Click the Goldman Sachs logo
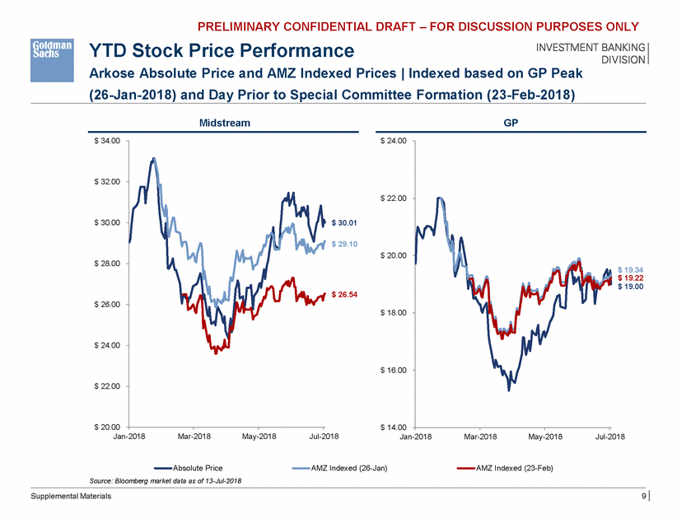(x=53, y=52)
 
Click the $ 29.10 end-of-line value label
(x=345, y=243)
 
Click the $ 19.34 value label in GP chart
(x=631, y=270)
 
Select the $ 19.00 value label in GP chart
(x=631, y=287)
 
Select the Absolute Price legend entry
(x=194, y=468)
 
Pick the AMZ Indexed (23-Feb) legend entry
(x=511, y=468)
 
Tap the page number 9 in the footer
(x=644, y=497)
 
